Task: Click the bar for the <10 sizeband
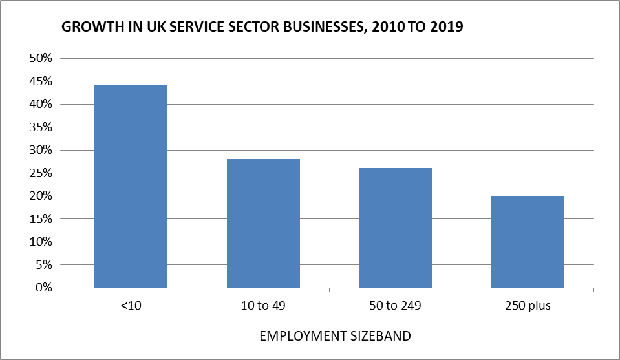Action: (131, 186)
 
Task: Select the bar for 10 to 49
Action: (263, 223)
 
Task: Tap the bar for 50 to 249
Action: (395, 228)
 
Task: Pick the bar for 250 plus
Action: (528, 242)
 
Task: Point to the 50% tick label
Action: (40, 59)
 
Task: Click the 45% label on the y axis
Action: (40, 81)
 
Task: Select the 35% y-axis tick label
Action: (40, 127)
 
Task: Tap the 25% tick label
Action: (40, 173)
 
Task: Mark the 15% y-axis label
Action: (40, 219)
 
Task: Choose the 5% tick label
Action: (43, 265)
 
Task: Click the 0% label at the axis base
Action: (43, 288)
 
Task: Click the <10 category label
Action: (131, 306)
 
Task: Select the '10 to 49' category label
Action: (263, 306)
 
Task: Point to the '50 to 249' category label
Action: (395, 306)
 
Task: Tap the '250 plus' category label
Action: (528, 306)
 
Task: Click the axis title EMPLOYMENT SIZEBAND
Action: (334, 337)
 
